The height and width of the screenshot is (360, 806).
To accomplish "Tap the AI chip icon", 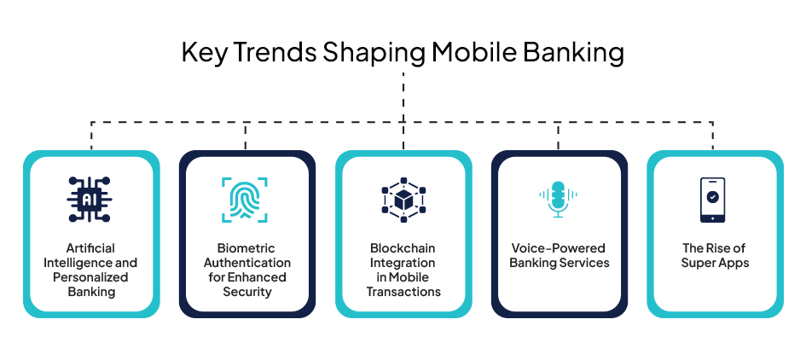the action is [90, 200].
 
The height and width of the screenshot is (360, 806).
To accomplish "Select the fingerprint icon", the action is [245, 200].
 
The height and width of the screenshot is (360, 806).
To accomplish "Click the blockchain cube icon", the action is [403, 200].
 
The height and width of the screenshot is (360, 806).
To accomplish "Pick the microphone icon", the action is [559, 199].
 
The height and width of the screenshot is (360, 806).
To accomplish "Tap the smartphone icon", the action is [713, 200].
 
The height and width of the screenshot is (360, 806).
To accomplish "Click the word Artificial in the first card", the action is [90, 248].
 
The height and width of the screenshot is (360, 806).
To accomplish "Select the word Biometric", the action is [246, 248].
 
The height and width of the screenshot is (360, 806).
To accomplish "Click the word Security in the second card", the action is [247, 292].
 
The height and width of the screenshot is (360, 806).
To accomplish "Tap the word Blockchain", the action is [403, 248].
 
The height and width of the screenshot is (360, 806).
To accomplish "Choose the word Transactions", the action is [403, 292].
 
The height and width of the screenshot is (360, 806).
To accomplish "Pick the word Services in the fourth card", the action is [586, 263].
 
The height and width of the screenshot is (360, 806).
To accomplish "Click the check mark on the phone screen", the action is [713, 196].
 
